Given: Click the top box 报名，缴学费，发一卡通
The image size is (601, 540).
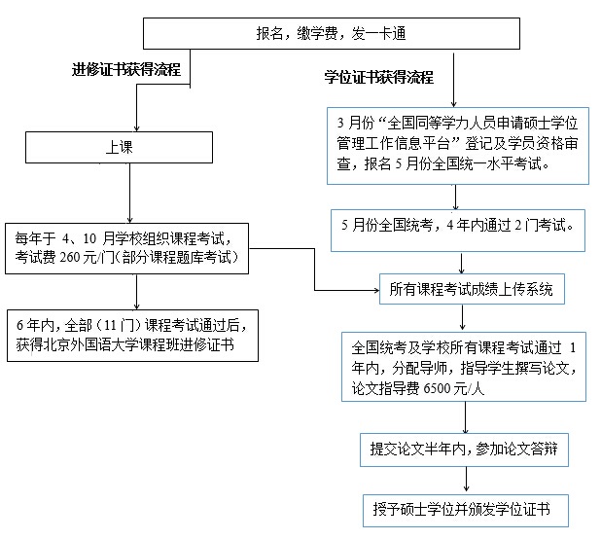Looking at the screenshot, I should [330, 33].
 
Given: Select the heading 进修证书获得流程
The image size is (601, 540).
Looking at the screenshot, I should [126, 71].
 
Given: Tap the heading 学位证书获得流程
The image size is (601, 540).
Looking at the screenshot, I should [379, 77].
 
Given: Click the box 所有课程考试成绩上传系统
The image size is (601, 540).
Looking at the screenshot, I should [471, 290].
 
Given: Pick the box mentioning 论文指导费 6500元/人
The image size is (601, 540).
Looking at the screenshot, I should [465, 367].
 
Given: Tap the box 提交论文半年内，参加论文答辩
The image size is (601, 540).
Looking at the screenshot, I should [463, 449].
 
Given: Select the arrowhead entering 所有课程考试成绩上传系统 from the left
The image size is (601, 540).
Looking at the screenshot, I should [374, 290].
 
